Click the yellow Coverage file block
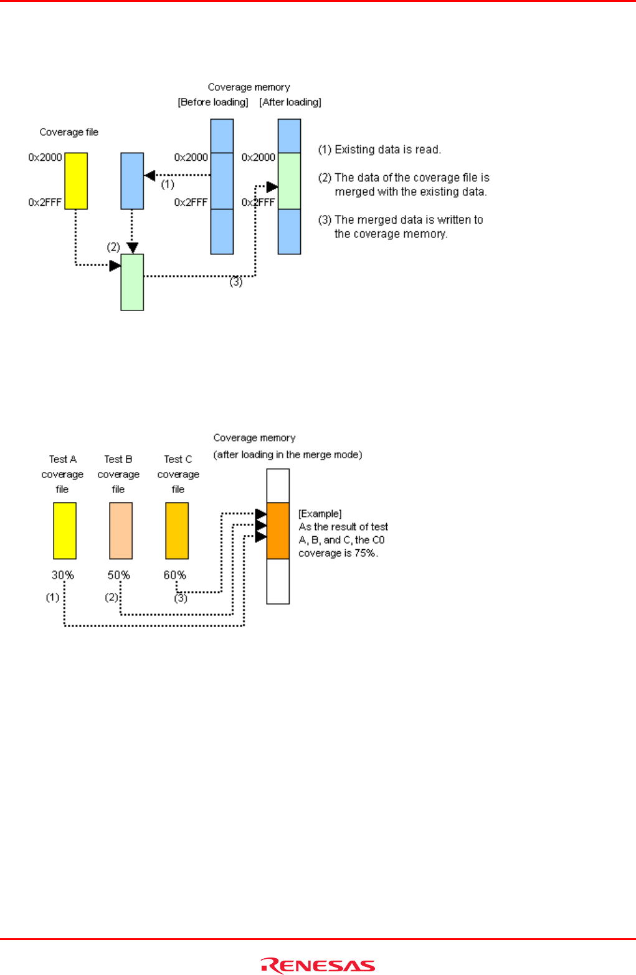click(x=76, y=181)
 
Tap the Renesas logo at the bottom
click(x=318, y=966)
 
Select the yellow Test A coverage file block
click(x=65, y=531)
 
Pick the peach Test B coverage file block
click(x=121, y=531)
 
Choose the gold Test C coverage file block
click(x=177, y=531)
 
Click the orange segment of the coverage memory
click(x=278, y=531)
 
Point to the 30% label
click(x=62, y=575)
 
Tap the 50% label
click(x=118, y=575)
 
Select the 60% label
click(x=174, y=575)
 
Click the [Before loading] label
click(x=213, y=102)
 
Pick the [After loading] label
click(x=290, y=102)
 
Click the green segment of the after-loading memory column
click(x=289, y=181)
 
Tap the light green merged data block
click(x=132, y=282)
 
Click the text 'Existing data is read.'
click(x=387, y=150)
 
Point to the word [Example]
click(x=320, y=514)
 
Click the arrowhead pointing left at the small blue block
click(x=150, y=175)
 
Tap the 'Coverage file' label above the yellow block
click(x=69, y=132)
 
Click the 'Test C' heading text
click(x=178, y=459)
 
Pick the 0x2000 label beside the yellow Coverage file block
click(x=45, y=157)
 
